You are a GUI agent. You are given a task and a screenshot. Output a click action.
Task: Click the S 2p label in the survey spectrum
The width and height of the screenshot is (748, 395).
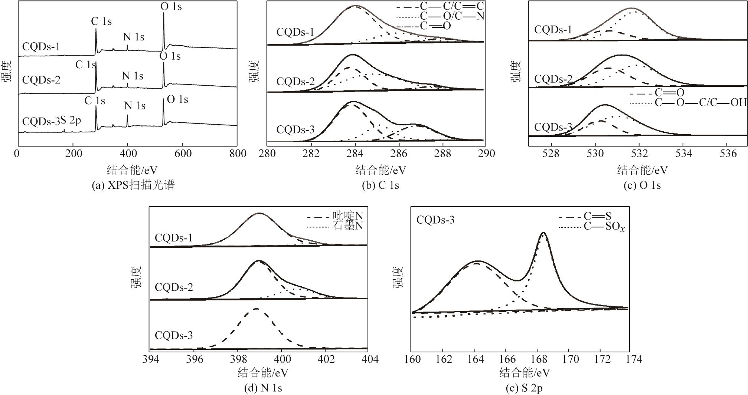(71, 121)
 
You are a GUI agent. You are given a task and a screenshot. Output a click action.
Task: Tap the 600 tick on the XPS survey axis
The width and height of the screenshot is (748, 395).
(183, 154)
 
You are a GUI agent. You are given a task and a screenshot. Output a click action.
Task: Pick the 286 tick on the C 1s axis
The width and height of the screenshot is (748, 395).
(399, 154)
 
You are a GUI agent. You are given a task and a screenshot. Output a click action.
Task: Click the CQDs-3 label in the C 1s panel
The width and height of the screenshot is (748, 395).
(295, 129)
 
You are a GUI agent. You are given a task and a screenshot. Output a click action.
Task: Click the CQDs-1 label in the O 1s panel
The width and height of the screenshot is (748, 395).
(553, 30)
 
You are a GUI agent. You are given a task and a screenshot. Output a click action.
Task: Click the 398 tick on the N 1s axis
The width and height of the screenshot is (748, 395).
(238, 359)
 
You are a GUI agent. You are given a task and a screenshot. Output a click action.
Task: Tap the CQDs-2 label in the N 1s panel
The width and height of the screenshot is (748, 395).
(174, 287)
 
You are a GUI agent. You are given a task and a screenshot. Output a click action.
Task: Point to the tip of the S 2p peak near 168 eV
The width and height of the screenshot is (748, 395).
(543, 233)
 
